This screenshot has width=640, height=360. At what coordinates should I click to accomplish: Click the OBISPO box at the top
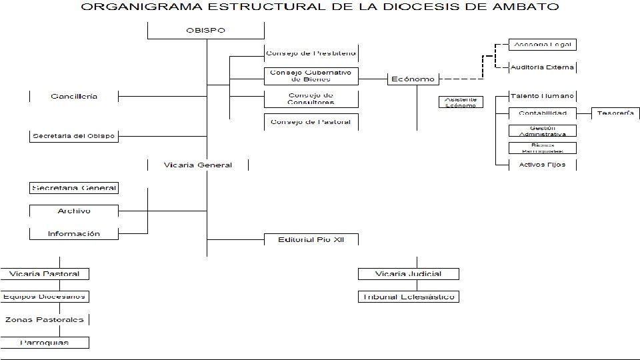[206, 31]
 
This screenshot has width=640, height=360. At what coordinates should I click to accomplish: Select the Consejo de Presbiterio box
[311, 53]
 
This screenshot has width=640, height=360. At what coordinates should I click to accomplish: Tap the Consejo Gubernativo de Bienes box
[311, 75]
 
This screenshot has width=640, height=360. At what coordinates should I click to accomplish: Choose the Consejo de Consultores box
[311, 99]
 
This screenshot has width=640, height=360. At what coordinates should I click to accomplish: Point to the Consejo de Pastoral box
[311, 122]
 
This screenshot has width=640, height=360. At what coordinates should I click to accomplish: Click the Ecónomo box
[412, 79]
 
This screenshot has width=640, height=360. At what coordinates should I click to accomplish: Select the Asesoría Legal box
[542, 45]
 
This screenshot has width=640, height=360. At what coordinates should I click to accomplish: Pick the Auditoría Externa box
[542, 67]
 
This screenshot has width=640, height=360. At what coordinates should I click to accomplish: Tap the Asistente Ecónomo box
[461, 102]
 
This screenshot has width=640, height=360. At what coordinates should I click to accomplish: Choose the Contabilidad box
[542, 113]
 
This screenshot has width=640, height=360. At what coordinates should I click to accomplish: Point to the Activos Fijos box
[542, 165]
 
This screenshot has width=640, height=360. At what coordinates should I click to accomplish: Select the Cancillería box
[74, 96]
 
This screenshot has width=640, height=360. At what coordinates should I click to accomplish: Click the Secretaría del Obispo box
[74, 136]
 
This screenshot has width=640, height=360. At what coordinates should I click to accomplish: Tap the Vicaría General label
[198, 165]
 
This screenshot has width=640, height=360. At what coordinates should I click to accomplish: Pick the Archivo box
[74, 211]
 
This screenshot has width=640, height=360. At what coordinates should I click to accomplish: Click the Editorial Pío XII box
[311, 239]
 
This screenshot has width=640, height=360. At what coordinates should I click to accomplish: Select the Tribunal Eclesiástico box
[409, 297]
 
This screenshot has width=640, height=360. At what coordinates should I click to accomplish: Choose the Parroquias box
[45, 343]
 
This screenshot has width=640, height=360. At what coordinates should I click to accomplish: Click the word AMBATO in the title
[523, 8]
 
